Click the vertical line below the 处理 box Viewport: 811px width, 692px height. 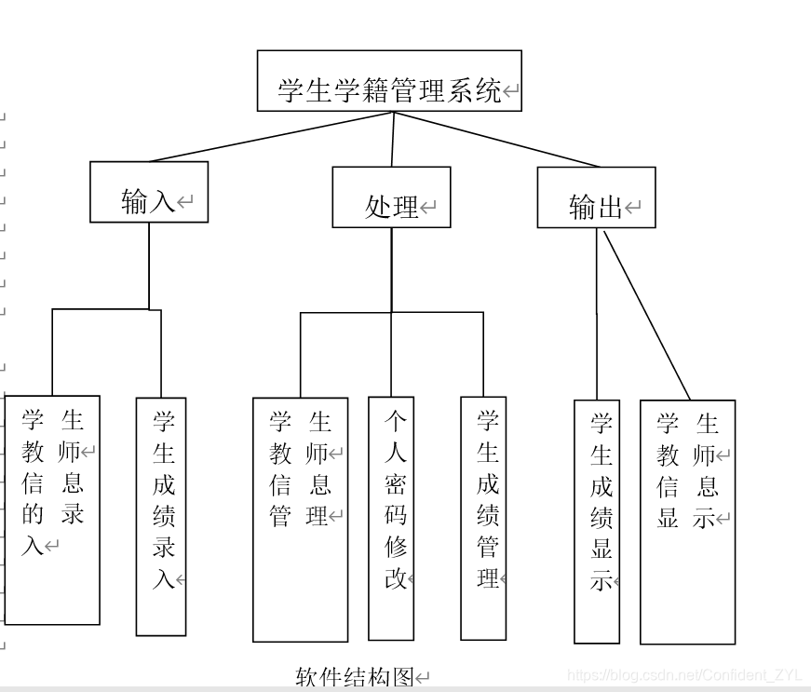point(391,270)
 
